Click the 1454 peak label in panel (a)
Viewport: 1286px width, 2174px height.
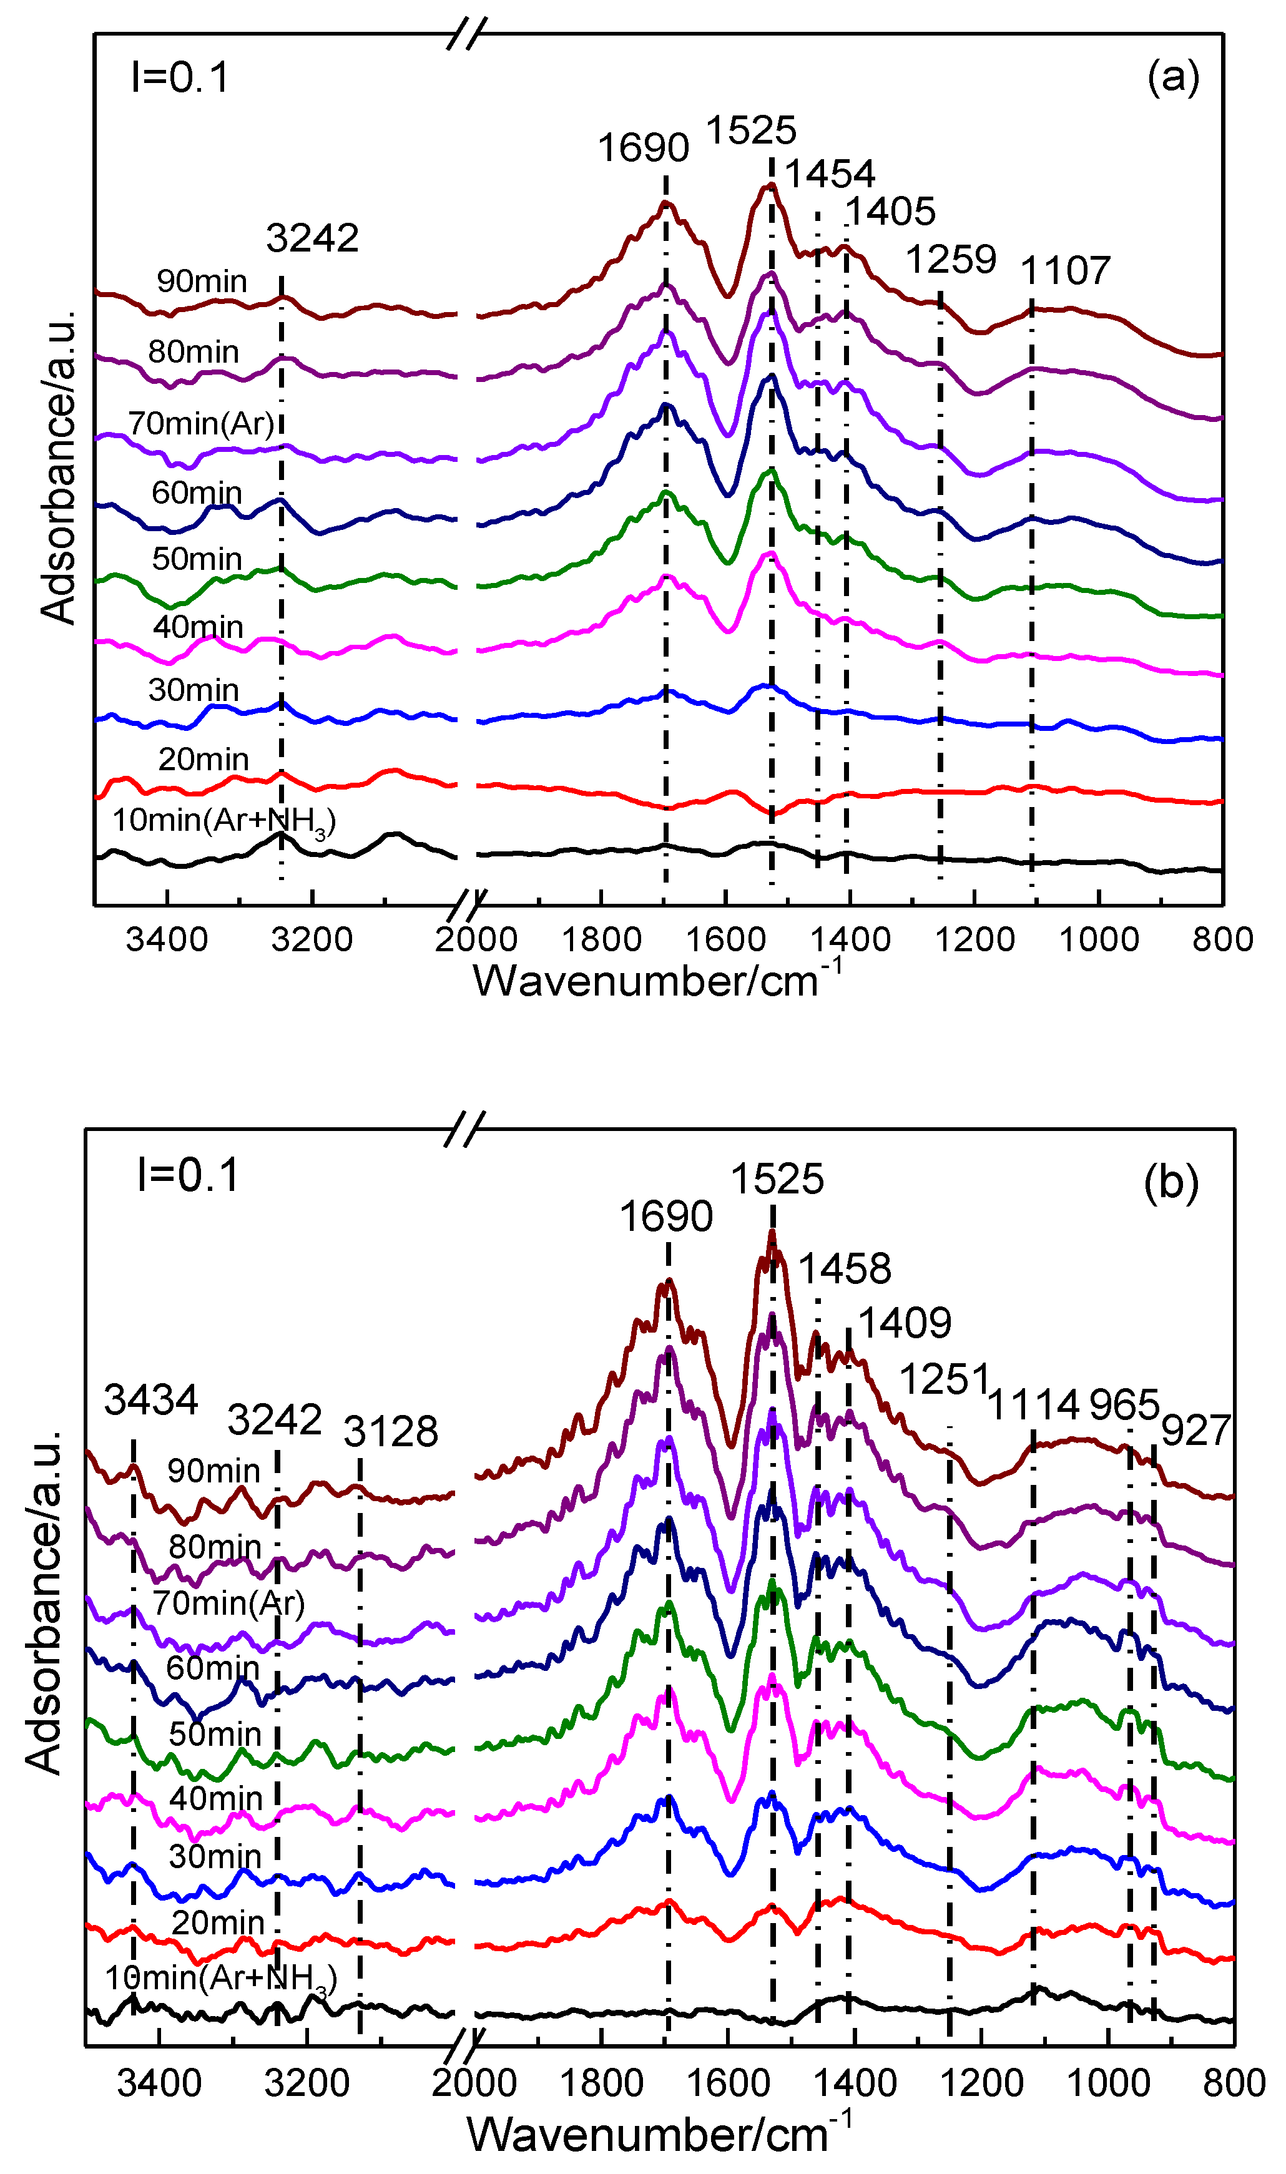pyautogui.click(x=829, y=174)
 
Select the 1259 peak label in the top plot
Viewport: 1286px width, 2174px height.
pyautogui.click(x=951, y=259)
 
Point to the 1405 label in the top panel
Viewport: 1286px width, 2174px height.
pyautogui.click(x=890, y=212)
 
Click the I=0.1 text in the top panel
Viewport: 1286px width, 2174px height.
pyautogui.click(x=180, y=77)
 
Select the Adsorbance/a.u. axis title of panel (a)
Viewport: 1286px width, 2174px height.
pyautogui.click(x=59, y=468)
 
